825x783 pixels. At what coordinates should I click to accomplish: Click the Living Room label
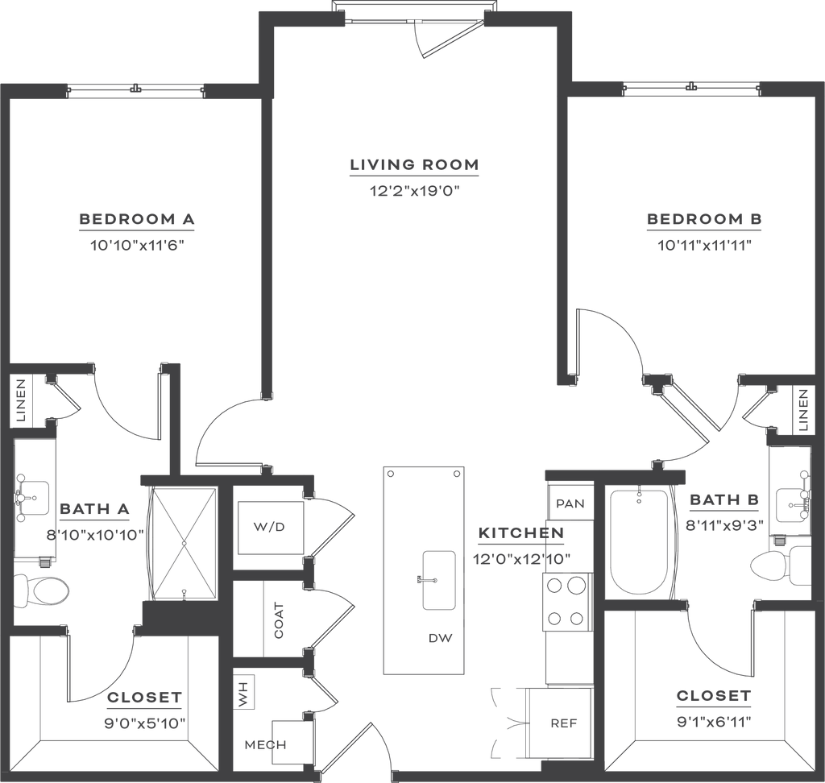point(415,164)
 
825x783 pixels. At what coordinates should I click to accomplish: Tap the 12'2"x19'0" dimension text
point(415,190)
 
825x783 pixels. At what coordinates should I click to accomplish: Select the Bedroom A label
point(137,219)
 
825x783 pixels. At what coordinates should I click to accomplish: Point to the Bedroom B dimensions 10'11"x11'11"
point(704,245)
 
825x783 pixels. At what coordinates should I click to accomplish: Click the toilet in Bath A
point(41,590)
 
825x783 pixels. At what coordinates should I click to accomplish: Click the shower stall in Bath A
point(184,542)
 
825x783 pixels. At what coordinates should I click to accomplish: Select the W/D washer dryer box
point(271,528)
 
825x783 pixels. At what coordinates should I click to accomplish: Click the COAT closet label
point(279,620)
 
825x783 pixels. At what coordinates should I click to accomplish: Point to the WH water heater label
point(243,692)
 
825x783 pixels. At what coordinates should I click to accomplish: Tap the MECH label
point(266,744)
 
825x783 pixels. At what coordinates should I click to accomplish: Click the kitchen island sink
point(439,581)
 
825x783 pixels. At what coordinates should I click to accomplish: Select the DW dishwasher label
point(441,638)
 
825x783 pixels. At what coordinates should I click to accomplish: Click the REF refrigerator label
point(563,723)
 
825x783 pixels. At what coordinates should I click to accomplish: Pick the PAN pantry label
point(570,503)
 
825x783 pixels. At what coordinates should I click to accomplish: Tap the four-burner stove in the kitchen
point(566,602)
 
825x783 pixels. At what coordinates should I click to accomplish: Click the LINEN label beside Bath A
point(21,400)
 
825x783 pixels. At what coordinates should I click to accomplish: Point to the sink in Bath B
point(794,503)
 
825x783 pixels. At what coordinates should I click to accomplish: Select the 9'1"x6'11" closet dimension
point(714,721)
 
